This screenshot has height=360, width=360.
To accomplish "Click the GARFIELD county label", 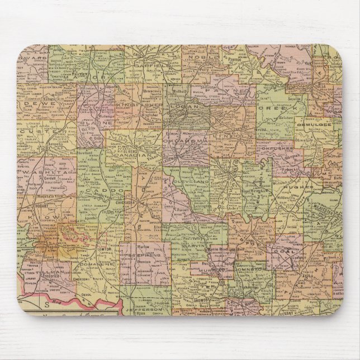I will tap(151, 65).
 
